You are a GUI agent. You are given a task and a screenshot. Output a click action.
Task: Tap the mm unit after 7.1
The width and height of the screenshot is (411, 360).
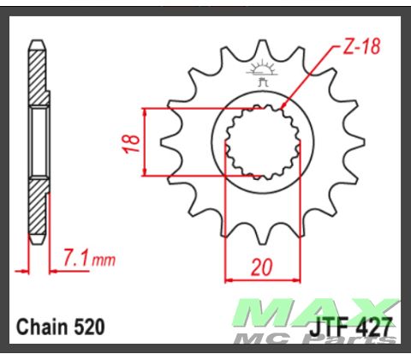(x=103, y=259)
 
